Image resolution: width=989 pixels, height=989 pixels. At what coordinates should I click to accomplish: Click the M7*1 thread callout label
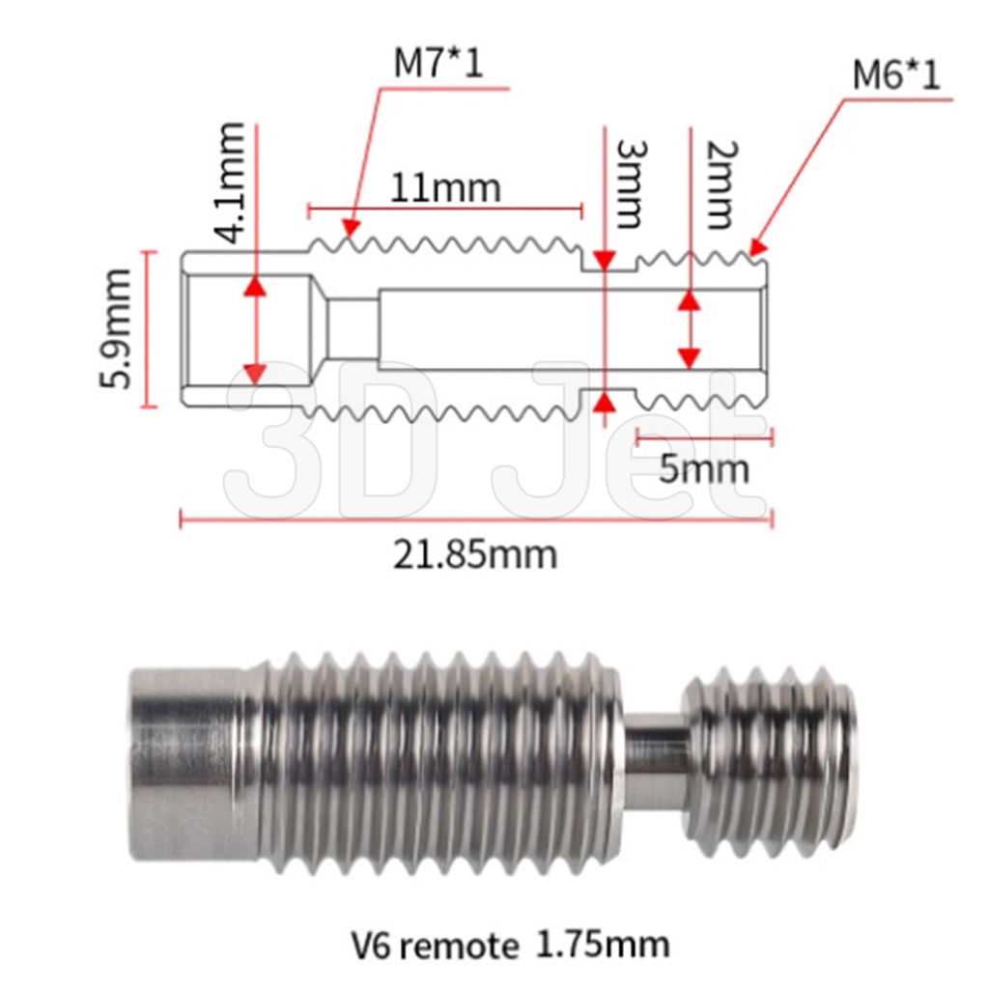[x=438, y=64]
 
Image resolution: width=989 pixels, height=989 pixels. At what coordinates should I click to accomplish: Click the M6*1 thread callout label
[x=895, y=74]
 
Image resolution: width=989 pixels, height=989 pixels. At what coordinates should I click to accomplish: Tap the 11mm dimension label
[x=446, y=186]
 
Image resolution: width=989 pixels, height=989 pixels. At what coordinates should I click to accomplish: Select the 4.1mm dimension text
[x=231, y=183]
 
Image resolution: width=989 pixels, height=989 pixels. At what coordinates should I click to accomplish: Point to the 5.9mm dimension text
[x=116, y=328]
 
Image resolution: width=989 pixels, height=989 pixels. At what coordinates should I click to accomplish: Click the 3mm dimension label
[x=629, y=184]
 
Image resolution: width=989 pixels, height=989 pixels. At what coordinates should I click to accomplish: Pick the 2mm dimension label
[x=721, y=184]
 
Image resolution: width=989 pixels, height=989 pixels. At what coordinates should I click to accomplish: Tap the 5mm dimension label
[x=704, y=468]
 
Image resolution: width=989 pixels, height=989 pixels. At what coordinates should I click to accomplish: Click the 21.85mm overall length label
[x=475, y=554]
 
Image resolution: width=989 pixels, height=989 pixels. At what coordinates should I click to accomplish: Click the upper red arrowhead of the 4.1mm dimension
[x=255, y=285]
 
